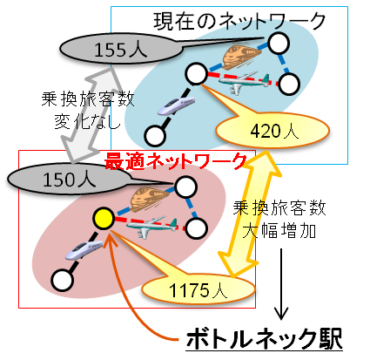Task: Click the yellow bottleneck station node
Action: point(104,218)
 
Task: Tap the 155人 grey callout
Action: point(121,49)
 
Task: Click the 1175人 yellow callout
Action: point(198,289)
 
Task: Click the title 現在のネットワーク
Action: point(239,21)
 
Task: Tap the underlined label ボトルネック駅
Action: point(264,339)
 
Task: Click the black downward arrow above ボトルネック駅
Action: point(281,284)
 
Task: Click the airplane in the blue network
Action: point(243,83)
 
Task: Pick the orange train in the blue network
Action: point(241,57)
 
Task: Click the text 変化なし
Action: point(87,121)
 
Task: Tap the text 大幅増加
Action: point(279,232)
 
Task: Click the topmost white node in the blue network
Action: point(279,44)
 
